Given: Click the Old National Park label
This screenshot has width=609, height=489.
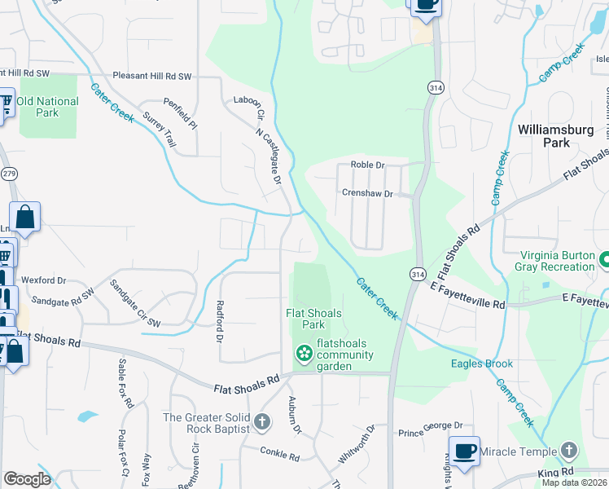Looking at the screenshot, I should coord(47,107).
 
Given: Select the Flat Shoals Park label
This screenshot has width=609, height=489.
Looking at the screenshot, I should coord(313,318).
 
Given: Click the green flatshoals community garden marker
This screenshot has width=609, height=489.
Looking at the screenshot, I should coord(304,354).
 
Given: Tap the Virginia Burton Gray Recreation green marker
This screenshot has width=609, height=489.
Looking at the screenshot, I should coord(605,261).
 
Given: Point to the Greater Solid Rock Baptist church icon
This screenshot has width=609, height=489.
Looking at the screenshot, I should coord(261,421).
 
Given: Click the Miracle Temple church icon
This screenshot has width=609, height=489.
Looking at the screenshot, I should coord(568,451).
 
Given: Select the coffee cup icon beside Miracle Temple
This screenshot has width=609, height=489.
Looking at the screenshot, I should coord(464,451).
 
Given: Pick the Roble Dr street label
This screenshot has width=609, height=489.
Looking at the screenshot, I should coord(367,165).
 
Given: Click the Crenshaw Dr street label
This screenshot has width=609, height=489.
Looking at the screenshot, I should coord(367,194).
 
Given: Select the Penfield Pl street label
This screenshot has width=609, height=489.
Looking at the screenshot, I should coord(181,115).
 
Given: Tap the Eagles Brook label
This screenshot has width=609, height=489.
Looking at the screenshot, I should coord(482,363).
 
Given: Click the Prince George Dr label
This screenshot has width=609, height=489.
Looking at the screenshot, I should coord(430,425).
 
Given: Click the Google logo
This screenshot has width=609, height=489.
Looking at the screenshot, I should coord(27,479).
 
